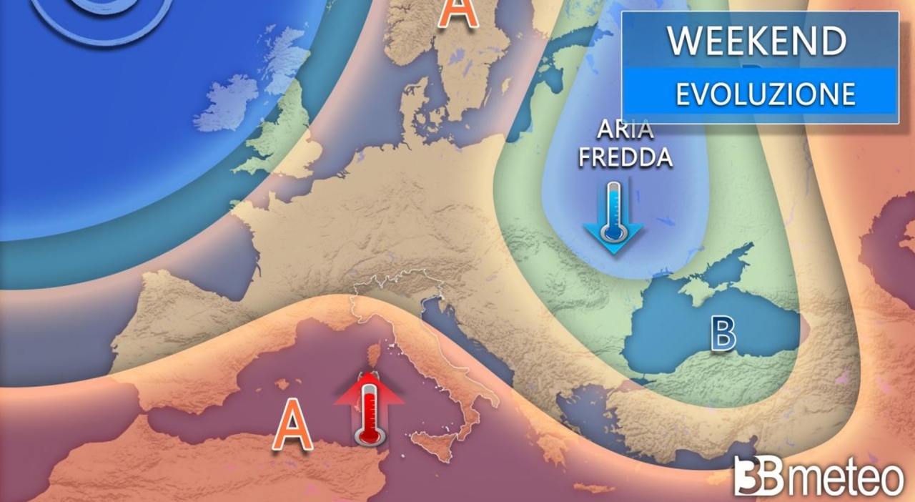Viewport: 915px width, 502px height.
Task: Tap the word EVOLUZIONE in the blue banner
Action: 766,94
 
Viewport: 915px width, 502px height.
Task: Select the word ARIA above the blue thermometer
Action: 625,131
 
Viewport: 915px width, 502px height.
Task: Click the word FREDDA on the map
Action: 625,157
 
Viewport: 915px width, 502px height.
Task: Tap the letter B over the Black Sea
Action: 723,335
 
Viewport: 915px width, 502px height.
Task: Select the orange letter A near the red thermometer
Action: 293,425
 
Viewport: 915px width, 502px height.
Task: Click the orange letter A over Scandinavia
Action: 457,13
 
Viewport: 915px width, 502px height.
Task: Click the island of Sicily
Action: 432,448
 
